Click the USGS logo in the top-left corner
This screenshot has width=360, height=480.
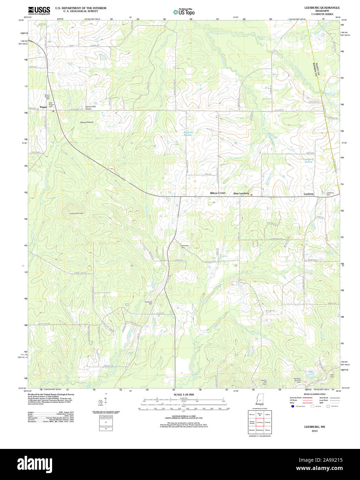[x=39, y=10]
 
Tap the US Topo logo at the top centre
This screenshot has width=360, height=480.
[x=184, y=12]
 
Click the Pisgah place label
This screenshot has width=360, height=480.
[x=43, y=107]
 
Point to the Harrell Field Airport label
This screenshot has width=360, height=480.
[x=90, y=108]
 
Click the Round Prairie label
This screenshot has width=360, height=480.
[x=87, y=122]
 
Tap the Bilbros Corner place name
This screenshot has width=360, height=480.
[x=218, y=193]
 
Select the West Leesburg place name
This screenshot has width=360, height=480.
[x=241, y=193]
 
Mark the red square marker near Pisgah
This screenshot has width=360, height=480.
[x=53, y=111]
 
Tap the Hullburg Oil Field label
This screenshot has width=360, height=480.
[x=76, y=213]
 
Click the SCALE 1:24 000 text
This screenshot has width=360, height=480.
[x=184, y=394]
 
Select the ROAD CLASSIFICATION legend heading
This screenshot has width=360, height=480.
[x=314, y=394]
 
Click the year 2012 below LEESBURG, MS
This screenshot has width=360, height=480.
[x=314, y=431]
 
